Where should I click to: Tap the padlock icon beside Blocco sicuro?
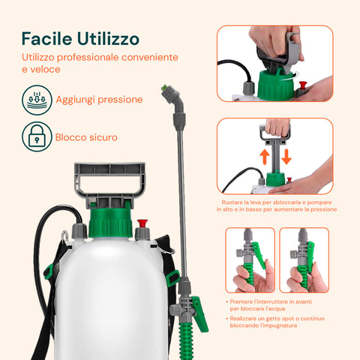coord(37,137)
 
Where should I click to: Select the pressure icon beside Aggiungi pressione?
coord(37,99)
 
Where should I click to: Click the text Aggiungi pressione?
coord(99,99)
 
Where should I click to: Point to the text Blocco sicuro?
coord(86,137)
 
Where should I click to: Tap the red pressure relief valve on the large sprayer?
coord(142,223)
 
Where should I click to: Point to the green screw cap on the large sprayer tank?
coord(111,218)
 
